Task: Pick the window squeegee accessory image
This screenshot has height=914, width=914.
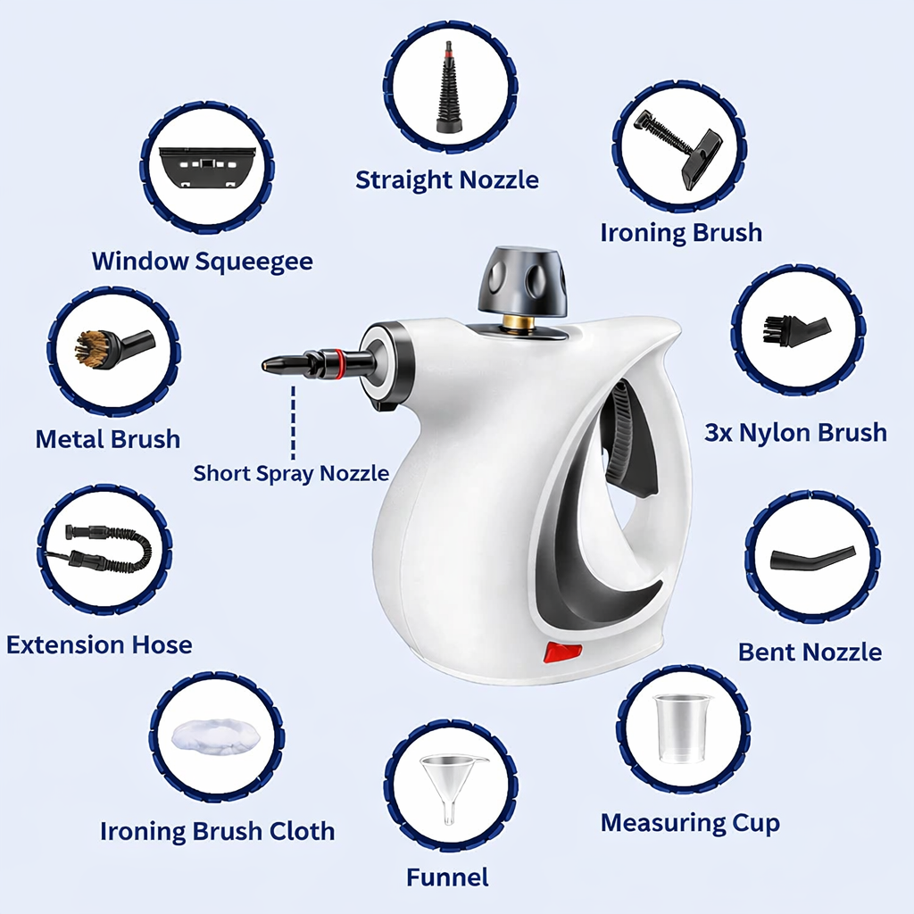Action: pos(207,167)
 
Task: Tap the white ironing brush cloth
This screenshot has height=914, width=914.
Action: pos(216,735)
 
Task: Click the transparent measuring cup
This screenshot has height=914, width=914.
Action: pos(682,728)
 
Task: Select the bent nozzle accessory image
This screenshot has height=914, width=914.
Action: pos(811,559)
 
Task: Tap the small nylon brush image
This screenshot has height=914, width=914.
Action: pos(796,328)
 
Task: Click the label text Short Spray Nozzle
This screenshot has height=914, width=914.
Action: pos(291,473)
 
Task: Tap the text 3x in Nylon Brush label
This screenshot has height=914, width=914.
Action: pos(719,433)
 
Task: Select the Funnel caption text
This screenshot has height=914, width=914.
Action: pos(447,877)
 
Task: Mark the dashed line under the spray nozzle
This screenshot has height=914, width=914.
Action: pos(292,420)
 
